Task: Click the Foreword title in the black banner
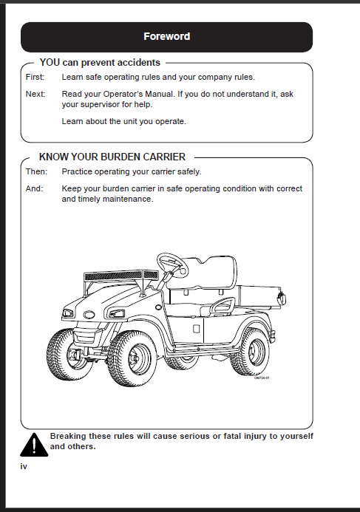point(166,36)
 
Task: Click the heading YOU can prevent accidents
point(100,62)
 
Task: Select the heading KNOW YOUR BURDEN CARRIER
point(112,157)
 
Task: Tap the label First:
point(35,77)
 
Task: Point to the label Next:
point(35,94)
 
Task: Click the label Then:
point(36,171)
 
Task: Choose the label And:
point(34,188)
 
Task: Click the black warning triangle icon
point(34,445)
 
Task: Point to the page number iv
point(24,466)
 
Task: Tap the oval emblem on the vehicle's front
point(89,315)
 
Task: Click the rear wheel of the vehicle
point(251,352)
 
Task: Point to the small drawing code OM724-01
point(262,378)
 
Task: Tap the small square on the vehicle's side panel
point(197,328)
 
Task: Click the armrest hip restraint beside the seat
point(223,306)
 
